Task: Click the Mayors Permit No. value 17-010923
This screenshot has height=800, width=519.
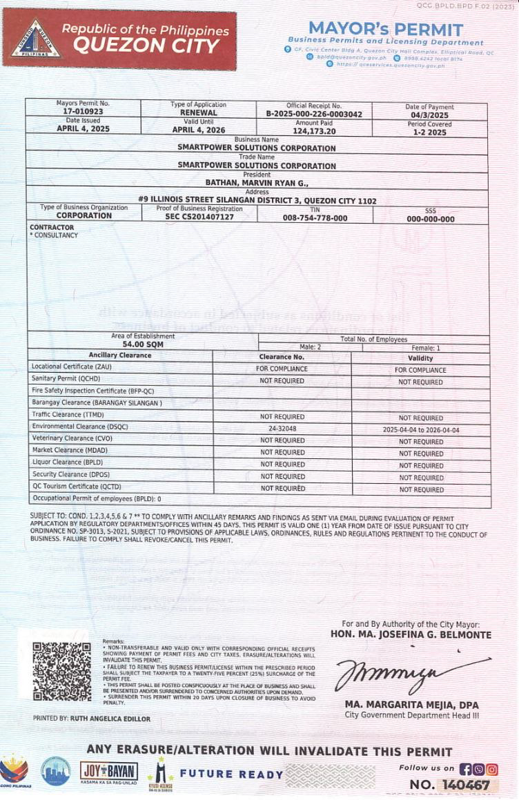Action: [82, 111]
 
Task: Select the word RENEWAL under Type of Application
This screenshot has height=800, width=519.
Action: [199, 112]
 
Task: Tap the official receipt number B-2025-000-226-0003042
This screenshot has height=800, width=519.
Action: [313, 114]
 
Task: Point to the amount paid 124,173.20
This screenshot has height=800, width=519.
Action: [314, 130]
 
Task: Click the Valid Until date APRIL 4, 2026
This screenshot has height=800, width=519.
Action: [199, 129]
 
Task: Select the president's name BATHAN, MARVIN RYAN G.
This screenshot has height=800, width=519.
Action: [257, 183]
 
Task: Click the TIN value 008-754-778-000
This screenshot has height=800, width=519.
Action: [315, 217]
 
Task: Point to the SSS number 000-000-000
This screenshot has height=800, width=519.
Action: [430, 219]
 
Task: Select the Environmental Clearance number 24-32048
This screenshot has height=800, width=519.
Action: [282, 429]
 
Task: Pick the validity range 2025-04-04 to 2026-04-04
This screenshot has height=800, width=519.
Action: [420, 430]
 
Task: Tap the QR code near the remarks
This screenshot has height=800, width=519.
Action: [61, 671]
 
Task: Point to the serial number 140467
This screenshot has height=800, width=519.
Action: [467, 785]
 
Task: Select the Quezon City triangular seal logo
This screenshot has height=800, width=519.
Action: [35, 41]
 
